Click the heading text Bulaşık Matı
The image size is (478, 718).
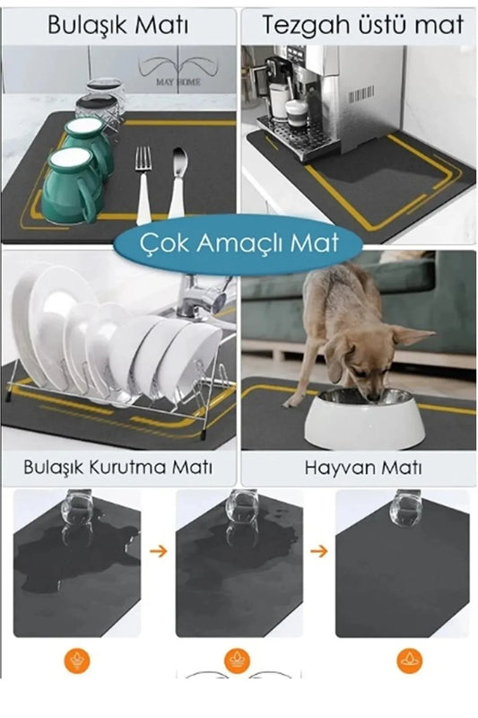tap(119, 25)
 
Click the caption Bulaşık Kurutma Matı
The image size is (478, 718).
tap(119, 468)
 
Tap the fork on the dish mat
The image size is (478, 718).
tap(143, 184)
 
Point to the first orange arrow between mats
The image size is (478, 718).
tap(158, 550)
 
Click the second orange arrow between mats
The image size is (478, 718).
tap(317, 550)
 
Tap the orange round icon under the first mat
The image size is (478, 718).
tap(77, 661)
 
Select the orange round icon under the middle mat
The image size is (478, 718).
tap(237, 661)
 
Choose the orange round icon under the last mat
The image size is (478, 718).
tap(409, 661)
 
